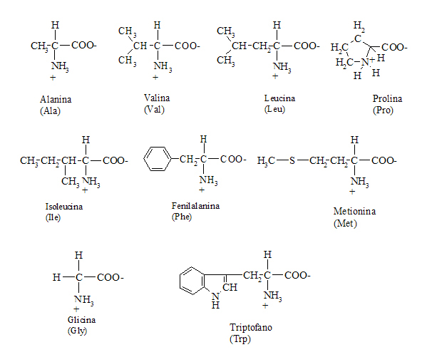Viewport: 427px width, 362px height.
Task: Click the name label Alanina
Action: [56, 99]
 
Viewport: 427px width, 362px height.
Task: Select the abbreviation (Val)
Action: [154, 110]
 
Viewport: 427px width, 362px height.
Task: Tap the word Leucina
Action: [279, 98]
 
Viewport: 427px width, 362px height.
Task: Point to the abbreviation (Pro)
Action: [383, 110]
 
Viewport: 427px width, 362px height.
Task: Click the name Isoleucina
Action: [64, 207]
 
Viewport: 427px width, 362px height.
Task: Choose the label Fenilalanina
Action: [195, 206]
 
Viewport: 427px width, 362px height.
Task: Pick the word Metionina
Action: [354, 211]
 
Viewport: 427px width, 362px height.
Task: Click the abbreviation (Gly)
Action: [77, 331]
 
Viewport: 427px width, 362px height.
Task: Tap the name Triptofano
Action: [251, 327]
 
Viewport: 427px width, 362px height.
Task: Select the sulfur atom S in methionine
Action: [292, 160]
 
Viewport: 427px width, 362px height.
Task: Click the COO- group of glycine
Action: [110, 277]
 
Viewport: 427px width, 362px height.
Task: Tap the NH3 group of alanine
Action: [60, 66]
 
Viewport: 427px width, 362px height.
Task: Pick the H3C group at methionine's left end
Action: [266, 160]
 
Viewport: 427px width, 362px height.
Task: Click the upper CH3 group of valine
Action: [128, 31]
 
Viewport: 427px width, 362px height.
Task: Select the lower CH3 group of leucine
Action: [226, 61]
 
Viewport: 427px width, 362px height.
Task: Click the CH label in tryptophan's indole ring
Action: [230, 287]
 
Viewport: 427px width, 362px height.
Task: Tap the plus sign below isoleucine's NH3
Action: [85, 190]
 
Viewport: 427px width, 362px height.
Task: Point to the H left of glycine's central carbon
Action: [56, 277]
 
